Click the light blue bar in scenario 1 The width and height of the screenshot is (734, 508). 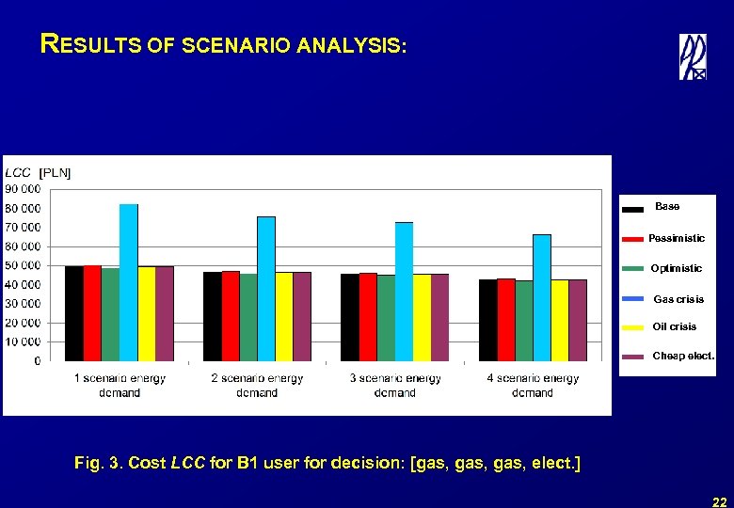click(128, 282)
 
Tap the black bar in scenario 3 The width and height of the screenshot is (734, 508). click(349, 317)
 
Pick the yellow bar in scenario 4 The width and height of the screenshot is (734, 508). click(560, 320)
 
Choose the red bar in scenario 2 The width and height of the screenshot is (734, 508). click(231, 316)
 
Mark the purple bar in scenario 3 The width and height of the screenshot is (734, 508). click(439, 317)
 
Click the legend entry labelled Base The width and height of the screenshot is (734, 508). click(667, 207)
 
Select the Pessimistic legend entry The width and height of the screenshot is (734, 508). click(676, 239)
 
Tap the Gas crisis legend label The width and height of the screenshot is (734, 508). click(678, 299)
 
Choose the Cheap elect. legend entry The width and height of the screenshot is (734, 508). click(683, 357)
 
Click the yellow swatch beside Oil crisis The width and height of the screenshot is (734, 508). click(633, 327)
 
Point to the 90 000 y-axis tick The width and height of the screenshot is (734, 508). click(23, 189)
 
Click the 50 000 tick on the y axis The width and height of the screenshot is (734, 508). click(23, 265)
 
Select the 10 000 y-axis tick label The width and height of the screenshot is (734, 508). click(23, 341)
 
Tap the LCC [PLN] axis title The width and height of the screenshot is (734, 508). click(38, 172)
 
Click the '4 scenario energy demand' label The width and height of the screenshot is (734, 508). click(533, 386)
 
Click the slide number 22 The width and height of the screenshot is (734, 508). click(719, 501)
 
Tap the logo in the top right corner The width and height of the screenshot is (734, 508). click(693, 57)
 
